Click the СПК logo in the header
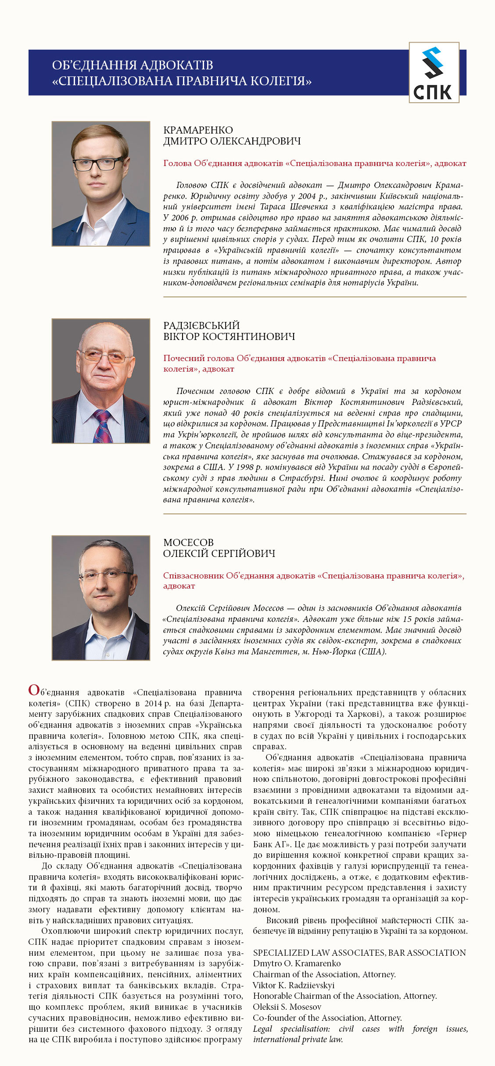pos(434,73)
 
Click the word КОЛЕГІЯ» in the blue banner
pos(280,81)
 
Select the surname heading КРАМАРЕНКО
pos(198,130)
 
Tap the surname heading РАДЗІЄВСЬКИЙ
pos(201,325)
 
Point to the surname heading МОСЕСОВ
pos(188,542)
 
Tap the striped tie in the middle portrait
pos(102,426)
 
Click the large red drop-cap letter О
pos(34,690)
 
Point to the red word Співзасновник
pos(193,575)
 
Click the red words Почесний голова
pos(199,358)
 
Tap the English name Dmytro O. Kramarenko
pos(297,963)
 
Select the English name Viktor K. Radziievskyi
pos(294,985)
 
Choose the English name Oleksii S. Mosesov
pos(287,1007)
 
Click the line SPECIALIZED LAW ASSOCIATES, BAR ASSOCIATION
pos(359,953)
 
